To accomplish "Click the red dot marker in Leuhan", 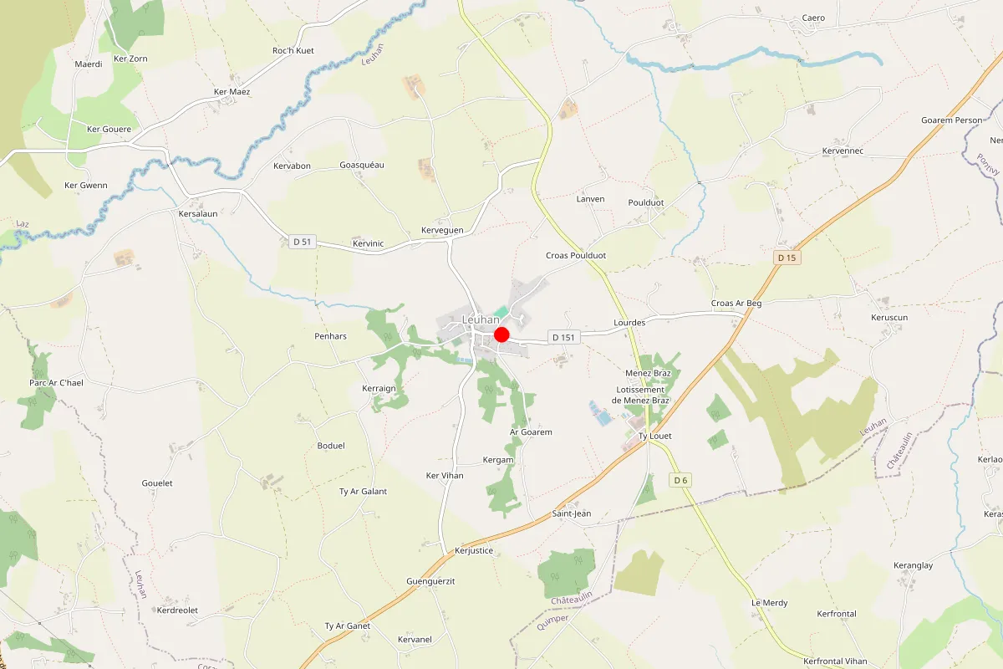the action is click(501, 334).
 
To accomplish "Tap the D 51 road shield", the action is click(303, 242).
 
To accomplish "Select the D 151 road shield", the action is click(565, 337).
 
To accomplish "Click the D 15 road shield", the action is click(787, 258).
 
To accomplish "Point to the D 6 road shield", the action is click(680, 480).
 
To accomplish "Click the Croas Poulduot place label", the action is click(576, 255).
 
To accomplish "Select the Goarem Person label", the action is click(951, 120).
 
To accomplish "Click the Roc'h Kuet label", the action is click(293, 51).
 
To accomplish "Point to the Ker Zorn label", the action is click(130, 59).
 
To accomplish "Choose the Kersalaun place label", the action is click(198, 213).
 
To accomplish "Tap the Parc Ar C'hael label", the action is click(56, 382).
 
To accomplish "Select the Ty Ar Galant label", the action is click(363, 492).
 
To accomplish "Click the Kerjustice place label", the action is click(474, 550).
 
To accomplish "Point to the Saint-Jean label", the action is click(572, 513).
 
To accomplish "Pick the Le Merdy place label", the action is click(769, 603).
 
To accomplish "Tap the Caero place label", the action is click(813, 18).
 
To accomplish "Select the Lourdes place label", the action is click(629, 322).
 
